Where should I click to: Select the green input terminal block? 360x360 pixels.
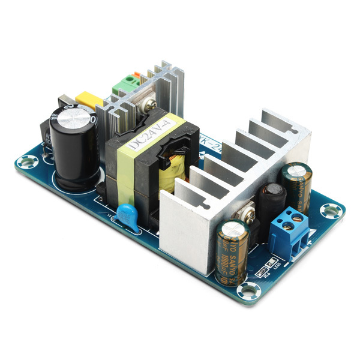pyautogui.click(x=125, y=85)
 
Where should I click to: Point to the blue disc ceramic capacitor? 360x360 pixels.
pyautogui.click(x=128, y=213)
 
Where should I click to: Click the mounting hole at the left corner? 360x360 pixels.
pyautogui.click(x=26, y=161)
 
